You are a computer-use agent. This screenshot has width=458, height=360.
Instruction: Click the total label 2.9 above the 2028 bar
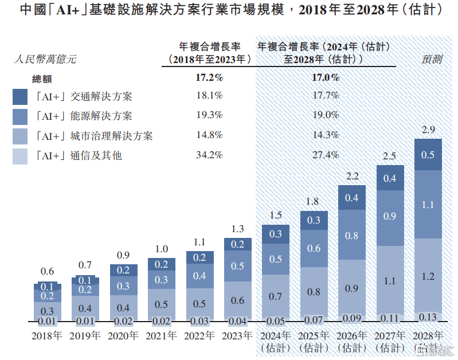click(x=428, y=130)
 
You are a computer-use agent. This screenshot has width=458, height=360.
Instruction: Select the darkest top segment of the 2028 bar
click(x=428, y=155)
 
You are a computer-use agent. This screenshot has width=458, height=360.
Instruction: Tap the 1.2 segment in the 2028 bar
click(x=428, y=276)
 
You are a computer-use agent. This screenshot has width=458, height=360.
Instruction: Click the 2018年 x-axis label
click(x=47, y=336)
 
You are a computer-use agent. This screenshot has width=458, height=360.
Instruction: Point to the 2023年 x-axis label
click(x=237, y=336)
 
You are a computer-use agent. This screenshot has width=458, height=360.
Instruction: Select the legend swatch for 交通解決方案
click(x=20, y=97)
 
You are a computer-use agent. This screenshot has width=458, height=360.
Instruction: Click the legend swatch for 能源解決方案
click(x=20, y=116)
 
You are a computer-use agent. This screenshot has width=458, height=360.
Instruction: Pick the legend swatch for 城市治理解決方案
click(x=20, y=136)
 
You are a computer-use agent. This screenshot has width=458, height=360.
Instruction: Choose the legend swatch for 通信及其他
click(x=20, y=155)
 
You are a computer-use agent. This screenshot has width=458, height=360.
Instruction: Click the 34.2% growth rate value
click(x=209, y=155)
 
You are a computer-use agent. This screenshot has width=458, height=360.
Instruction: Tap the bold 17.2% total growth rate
click(x=209, y=77)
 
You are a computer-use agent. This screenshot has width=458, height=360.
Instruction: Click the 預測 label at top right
click(x=432, y=58)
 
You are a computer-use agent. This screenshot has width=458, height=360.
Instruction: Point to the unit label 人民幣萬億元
click(x=44, y=58)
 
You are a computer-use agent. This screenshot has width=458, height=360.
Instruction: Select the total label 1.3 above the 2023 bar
click(x=237, y=229)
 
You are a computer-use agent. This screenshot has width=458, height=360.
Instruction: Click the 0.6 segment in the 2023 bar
click(x=237, y=300)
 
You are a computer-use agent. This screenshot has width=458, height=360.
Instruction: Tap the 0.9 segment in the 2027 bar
click(x=390, y=217)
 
